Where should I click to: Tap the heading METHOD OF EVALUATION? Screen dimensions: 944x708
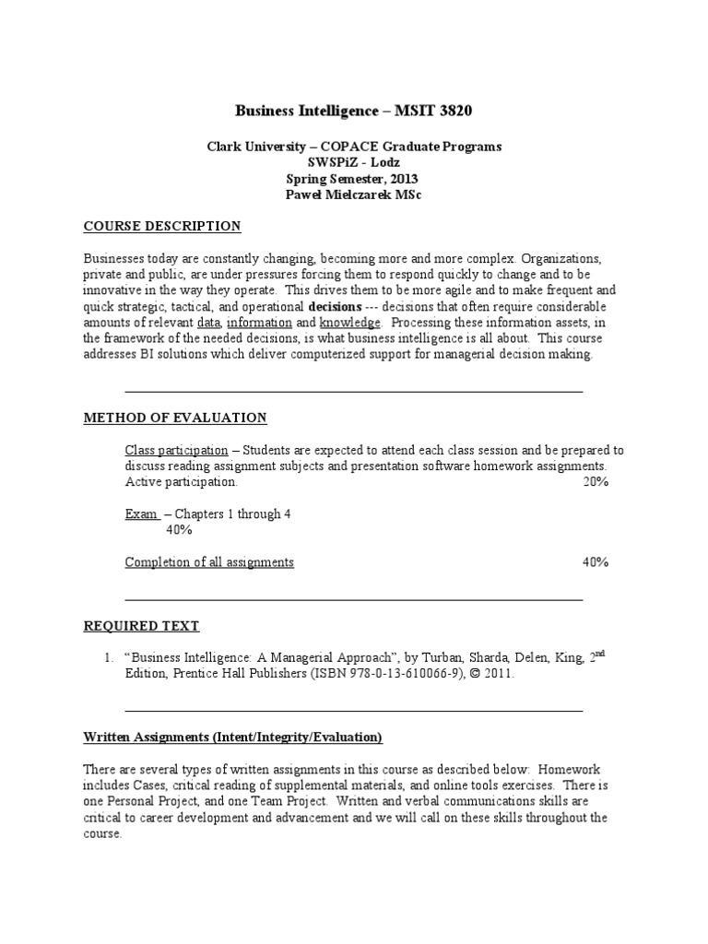(x=175, y=418)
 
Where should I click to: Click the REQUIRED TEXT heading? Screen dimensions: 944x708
(x=141, y=626)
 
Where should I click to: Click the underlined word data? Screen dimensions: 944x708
(x=207, y=323)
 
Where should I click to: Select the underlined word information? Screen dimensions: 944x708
(x=259, y=323)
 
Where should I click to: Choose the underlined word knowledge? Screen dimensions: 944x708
(x=349, y=323)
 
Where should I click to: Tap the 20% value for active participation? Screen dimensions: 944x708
(x=596, y=481)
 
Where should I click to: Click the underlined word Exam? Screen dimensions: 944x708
(x=140, y=513)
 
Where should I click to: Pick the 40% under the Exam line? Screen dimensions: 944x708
(x=179, y=530)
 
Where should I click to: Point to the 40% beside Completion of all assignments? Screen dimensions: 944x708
(x=596, y=562)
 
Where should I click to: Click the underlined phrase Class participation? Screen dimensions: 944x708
(x=176, y=450)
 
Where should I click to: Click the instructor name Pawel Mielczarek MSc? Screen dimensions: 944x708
(x=354, y=195)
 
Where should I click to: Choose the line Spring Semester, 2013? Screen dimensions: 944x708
(x=354, y=179)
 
